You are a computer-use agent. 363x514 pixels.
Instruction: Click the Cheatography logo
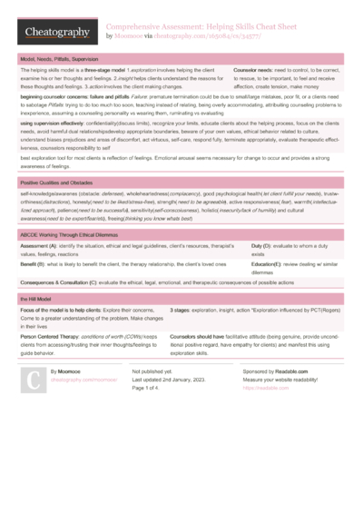pyautogui.click(x=55, y=33)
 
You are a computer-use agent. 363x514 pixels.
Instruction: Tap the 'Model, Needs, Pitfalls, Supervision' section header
pyautogui.click(x=61, y=57)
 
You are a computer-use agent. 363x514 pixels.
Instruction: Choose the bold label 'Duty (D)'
pyautogui.click(x=263, y=247)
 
